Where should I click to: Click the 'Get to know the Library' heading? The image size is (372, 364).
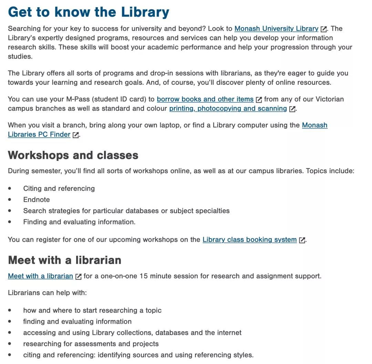pos(89,12)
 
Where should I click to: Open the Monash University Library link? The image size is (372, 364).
pos(276,29)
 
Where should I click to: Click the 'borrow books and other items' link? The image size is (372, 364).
pos(205,99)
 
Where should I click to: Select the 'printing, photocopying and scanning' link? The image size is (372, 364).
pos(228,108)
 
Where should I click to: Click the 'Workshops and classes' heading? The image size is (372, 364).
pos(73,155)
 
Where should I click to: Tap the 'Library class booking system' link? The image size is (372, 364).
pos(249,239)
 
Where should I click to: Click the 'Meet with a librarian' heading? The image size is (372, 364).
pos(64,260)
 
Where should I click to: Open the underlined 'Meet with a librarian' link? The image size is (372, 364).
pos(40,276)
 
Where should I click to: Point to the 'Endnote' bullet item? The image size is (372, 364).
pos(37,200)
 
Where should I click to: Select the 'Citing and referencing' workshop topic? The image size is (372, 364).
pos(59,188)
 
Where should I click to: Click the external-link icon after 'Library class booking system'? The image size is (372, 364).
pos(302,240)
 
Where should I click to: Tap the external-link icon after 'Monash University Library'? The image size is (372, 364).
pos(323,29)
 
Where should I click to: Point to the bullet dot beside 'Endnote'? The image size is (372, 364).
pos(10,200)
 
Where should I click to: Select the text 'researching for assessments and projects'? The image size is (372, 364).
pos(91,344)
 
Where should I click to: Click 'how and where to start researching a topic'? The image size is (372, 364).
pos(92,310)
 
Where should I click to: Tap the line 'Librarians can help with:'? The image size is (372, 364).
pos(47,293)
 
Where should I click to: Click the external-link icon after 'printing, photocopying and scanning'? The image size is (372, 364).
pos(292,109)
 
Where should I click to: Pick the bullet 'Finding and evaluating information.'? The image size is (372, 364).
pos(79,222)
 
